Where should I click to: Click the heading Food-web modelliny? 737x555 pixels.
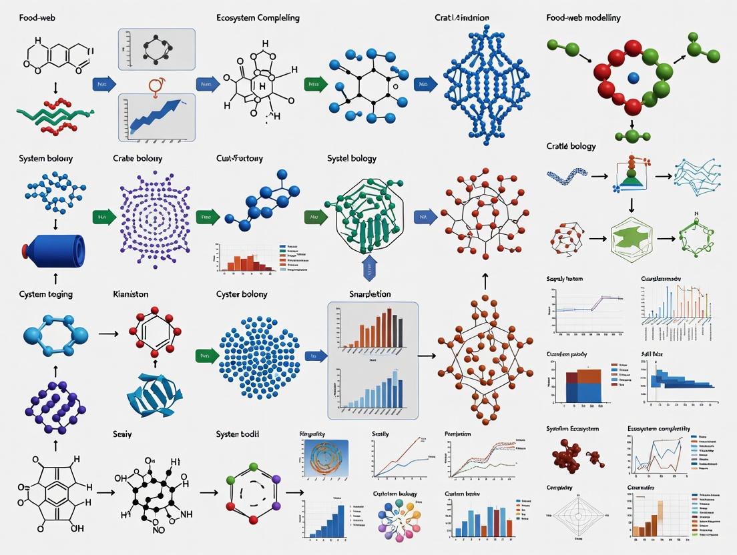click(x=583, y=18)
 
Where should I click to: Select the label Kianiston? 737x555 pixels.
click(x=131, y=294)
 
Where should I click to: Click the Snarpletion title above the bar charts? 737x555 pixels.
click(x=370, y=294)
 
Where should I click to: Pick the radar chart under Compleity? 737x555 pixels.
click(x=573, y=516)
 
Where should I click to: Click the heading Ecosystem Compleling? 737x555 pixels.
click(x=258, y=18)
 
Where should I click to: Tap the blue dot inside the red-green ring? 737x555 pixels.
click(x=631, y=75)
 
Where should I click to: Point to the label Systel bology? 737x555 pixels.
click(x=352, y=159)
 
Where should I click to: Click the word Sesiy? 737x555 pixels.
click(x=122, y=434)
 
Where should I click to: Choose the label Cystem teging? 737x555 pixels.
click(x=46, y=294)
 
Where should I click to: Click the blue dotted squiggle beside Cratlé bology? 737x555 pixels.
click(x=567, y=177)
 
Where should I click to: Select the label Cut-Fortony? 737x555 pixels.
click(x=239, y=159)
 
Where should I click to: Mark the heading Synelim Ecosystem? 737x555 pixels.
click(x=572, y=429)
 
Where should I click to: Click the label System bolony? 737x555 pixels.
click(x=46, y=159)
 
